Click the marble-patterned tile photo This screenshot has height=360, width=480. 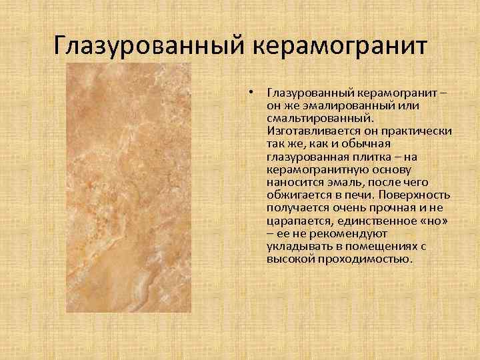coord(127,188)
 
